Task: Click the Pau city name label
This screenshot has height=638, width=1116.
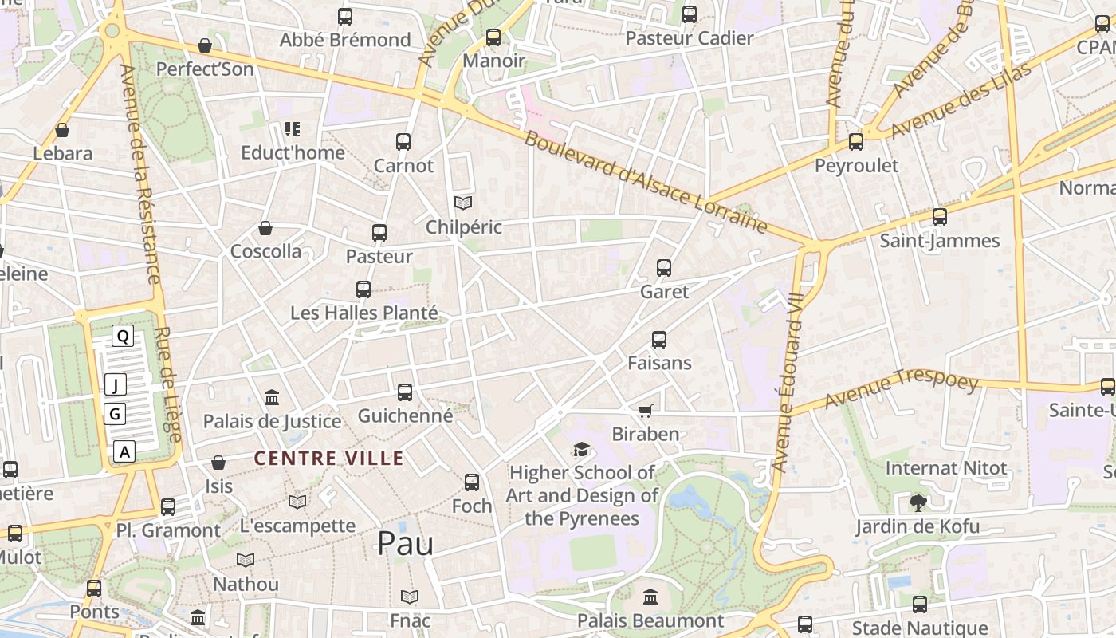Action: click(x=405, y=543)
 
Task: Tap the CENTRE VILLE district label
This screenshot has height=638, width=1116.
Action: click(x=328, y=459)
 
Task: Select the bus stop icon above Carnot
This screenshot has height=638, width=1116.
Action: click(x=403, y=142)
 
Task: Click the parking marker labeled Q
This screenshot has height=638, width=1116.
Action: click(x=123, y=337)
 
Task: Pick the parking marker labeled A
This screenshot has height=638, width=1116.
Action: click(x=124, y=452)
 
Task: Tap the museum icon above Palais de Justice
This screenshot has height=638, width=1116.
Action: click(x=272, y=397)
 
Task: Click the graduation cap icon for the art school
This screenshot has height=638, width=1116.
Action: click(x=581, y=450)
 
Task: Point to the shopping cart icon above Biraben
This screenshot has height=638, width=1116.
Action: click(x=646, y=411)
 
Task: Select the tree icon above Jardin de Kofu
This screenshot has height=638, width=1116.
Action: click(x=918, y=502)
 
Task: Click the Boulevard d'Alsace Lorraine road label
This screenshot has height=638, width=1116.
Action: click(x=646, y=182)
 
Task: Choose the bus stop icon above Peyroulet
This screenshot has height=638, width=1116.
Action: click(x=856, y=142)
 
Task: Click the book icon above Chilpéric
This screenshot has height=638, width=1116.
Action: click(x=463, y=203)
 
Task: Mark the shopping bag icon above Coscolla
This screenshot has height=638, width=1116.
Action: click(x=265, y=228)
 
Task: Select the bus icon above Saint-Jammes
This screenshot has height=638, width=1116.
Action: click(x=940, y=217)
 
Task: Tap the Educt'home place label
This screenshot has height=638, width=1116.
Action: click(x=293, y=152)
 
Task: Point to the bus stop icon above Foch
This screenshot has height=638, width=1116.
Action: click(x=472, y=482)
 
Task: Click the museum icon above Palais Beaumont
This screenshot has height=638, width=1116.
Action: click(x=650, y=597)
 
